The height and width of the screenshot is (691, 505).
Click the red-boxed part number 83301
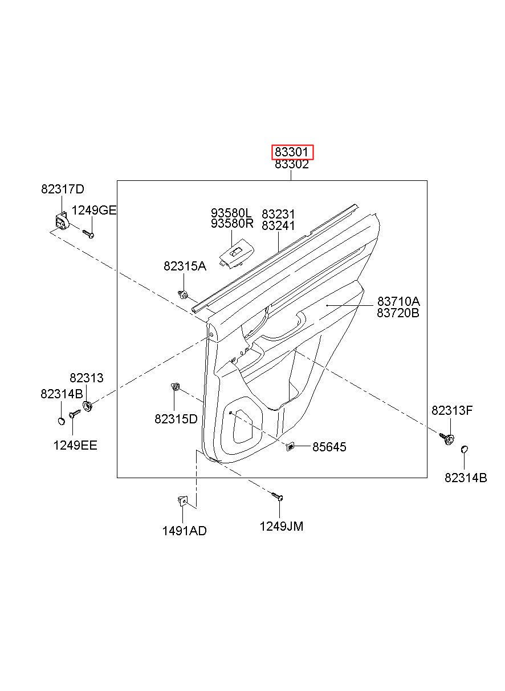[x=291, y=152]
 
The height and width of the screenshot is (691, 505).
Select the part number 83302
[x=291, y=164]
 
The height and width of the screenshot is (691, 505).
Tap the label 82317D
[x=63, y=189]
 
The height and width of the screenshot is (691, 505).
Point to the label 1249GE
[x=94, y=210]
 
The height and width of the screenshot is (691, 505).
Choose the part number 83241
[x=278, y=225]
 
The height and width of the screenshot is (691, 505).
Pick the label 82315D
[x=176, y=419]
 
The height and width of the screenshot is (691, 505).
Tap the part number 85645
[x=329, y=447]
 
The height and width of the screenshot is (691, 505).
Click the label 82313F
[x=452, y=410]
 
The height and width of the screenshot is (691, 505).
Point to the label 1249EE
[x=75, y=445]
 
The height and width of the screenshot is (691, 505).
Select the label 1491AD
[x=184, y=531]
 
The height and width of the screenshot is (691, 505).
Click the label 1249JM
[x=282, y=526]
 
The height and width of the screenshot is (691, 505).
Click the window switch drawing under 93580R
[x=237, y=254]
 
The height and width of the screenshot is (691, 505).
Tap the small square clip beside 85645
[x=290, y=446]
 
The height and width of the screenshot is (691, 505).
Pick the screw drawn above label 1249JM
[x=278, y=496]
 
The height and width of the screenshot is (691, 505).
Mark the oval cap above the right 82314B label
[x=465, y=449]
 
